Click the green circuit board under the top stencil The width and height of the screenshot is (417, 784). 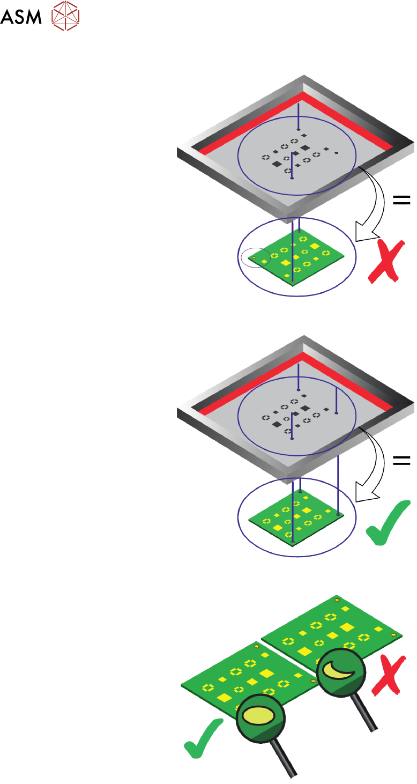click(x=300, y=252)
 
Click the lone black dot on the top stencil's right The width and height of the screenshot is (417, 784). click(x=336, y=153)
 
